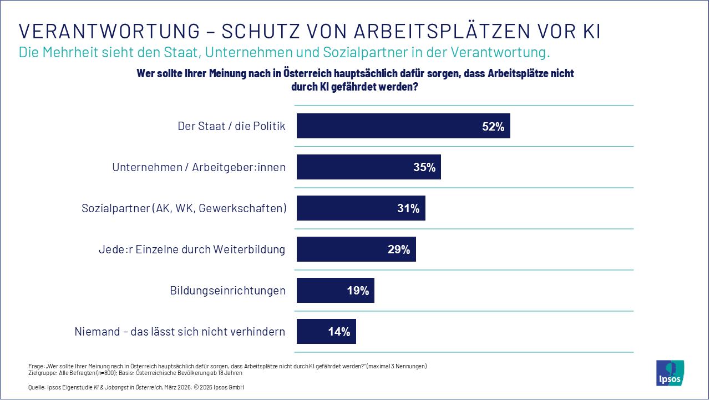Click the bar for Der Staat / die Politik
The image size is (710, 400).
click(x=403, y=126)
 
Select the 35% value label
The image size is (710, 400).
click(x=424, y=167)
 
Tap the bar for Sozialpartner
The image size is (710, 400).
click(x=361, y=208)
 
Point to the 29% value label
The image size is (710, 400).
click(x=399, y=249)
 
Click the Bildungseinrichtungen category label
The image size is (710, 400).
click(x=227, y=291)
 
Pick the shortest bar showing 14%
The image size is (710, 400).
click(x=326, y=332)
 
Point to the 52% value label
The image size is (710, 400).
click(x=493, y=127)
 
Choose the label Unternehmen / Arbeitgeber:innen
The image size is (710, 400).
click(x=199, y=167)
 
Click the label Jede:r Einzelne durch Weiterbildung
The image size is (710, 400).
click(x=188, y=249)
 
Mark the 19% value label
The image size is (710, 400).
click(x=358, y=291)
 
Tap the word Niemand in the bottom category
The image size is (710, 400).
click(x=97, y=332)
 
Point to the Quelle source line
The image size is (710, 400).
click(x=136, y=387)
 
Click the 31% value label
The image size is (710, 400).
click(x=408, y=208)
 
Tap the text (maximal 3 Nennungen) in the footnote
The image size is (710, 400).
click(x=397, y=366)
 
